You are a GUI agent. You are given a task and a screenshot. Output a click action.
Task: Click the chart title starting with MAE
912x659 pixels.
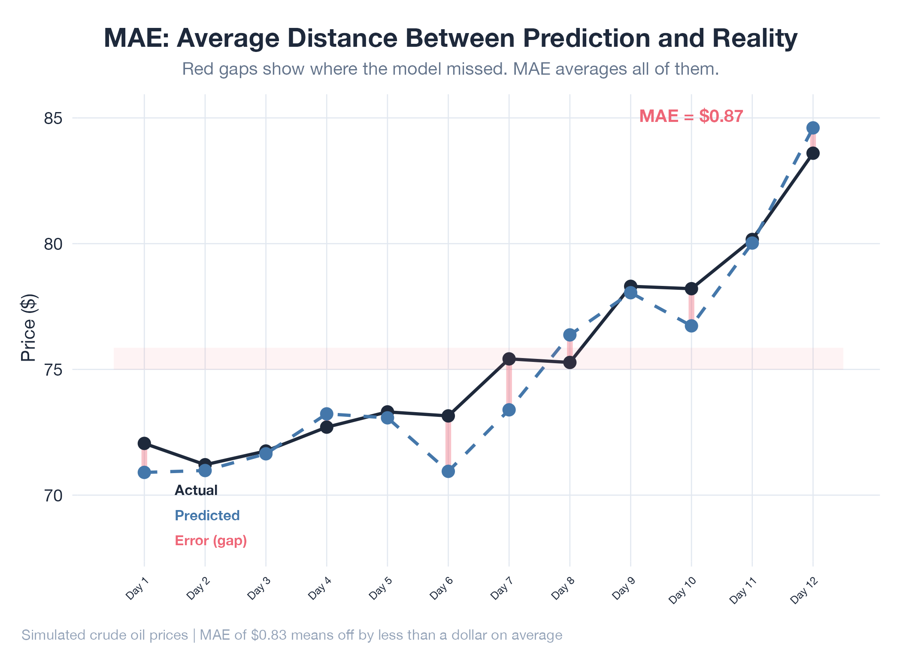[451, 38]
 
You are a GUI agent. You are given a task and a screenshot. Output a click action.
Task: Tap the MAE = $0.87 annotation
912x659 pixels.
[691, 116]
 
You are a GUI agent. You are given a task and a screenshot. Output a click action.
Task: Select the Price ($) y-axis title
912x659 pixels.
[29, 328]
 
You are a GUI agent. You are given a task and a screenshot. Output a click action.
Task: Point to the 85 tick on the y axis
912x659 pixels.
[53, 118]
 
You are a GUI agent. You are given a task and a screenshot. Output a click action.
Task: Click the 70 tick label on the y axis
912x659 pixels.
[53, 495]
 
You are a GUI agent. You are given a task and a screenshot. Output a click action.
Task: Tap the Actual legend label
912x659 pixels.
[196, 490]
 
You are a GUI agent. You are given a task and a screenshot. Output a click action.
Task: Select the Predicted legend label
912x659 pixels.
[207, 515]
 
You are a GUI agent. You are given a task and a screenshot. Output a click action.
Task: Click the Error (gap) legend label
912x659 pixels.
[211, 541]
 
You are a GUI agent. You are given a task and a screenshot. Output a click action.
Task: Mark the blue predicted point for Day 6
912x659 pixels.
[448, 471]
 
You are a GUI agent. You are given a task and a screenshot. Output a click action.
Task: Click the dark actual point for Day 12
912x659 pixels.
[813, 153]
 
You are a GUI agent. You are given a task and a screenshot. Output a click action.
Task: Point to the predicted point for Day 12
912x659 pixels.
[813, 128]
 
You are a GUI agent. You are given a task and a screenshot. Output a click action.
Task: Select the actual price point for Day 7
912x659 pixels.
[509, 358]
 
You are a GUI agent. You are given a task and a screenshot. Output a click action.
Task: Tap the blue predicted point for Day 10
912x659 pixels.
[691, 326]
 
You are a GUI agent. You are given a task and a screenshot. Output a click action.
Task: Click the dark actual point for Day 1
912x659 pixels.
[144, 443]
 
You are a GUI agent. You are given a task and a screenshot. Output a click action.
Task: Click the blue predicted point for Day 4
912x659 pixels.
[327, 414]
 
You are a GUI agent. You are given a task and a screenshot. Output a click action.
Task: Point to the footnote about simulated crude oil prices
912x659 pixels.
[292, 635]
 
